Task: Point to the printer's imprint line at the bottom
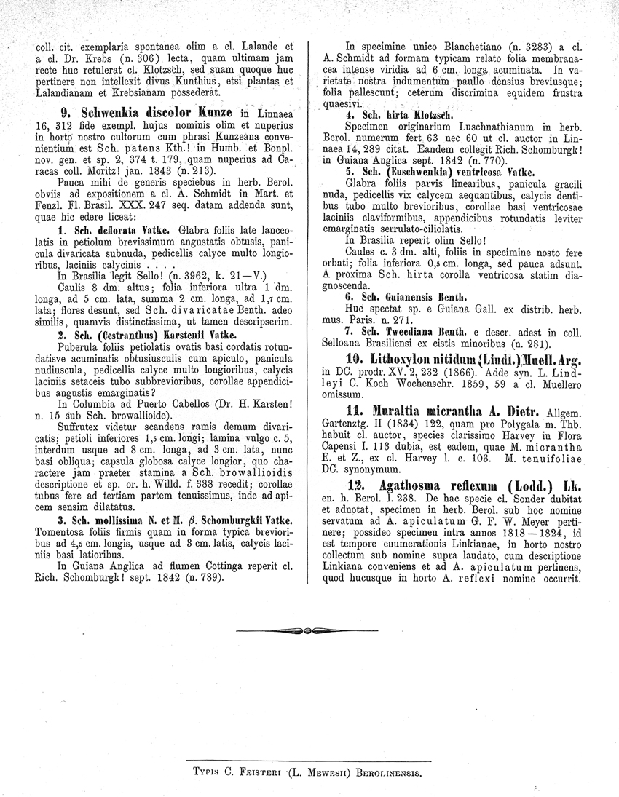(x=309, y=769)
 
